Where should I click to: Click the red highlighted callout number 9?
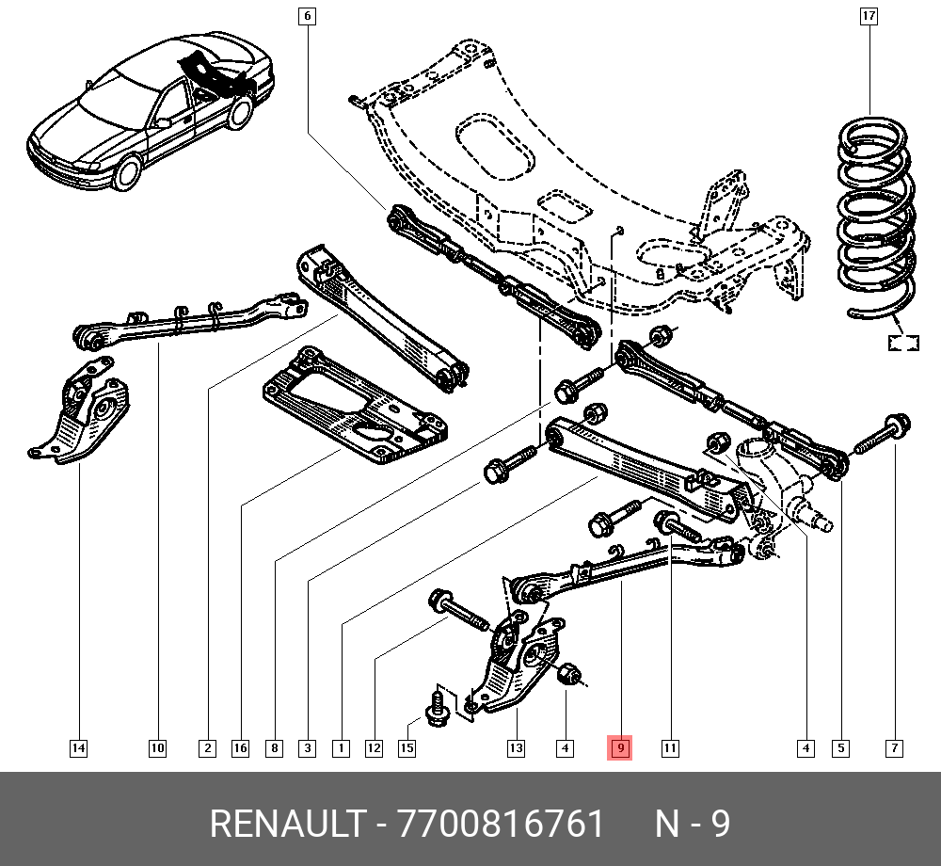click(x=620, y=748)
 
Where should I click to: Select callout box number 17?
click(x=869, y=16)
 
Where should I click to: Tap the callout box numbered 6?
click(x=307, y=16)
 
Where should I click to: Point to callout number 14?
click(x=78, y=748)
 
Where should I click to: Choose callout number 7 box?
click(x=894, y=748)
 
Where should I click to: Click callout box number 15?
click(x=407, y=748)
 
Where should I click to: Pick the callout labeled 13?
click(x=516, y=748)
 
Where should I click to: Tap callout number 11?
click(x=669, y=748)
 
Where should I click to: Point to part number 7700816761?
click(x=502, y=825)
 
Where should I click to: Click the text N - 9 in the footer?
click(x=693, y=825)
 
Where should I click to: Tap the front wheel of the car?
click(x=127, y=172)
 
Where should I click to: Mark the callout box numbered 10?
click(x=157, y=748)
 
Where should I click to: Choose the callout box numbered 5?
click(x=840, y=748)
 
